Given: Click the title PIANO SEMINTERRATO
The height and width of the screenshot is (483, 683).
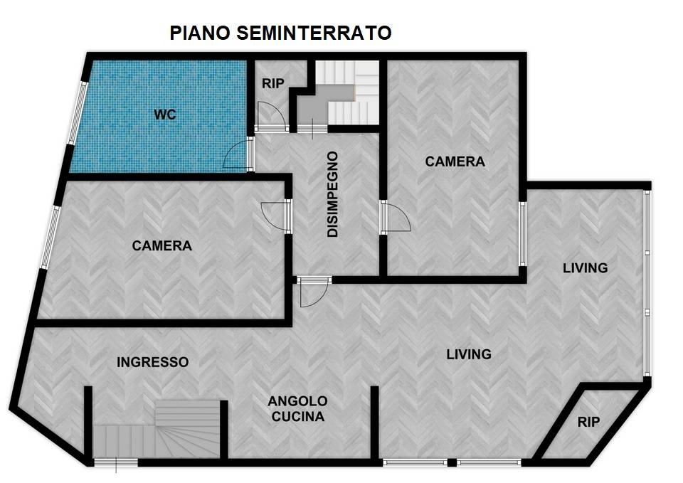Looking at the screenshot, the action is tap(280, 33).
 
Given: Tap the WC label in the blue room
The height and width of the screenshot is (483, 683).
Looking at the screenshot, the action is tap(165, 115).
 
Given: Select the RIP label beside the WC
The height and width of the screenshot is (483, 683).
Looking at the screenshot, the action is tap(273, 83).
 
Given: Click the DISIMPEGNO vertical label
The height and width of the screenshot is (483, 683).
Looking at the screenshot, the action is tap(333, 194).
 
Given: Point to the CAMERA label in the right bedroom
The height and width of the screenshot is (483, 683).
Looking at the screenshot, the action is tap(455, 161).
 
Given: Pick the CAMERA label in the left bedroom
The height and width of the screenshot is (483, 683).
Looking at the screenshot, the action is tap(162, 245).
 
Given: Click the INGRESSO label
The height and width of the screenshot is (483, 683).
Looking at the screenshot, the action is tap(152, 362).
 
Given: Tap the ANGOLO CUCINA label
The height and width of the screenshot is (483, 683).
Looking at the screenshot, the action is tap(298, 408).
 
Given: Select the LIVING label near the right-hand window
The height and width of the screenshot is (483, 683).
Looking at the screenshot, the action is tap(585, 267).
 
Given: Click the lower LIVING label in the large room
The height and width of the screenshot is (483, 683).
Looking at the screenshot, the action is tap(469, 354).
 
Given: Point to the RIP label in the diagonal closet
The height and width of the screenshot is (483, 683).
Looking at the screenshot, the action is tap(588, 422).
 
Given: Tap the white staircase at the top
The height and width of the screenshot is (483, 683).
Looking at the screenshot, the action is tap(346, 92).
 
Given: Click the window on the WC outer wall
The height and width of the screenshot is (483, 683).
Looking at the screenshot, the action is tap(78, 112).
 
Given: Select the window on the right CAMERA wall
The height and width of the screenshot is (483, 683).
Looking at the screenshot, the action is tap(523, 233).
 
